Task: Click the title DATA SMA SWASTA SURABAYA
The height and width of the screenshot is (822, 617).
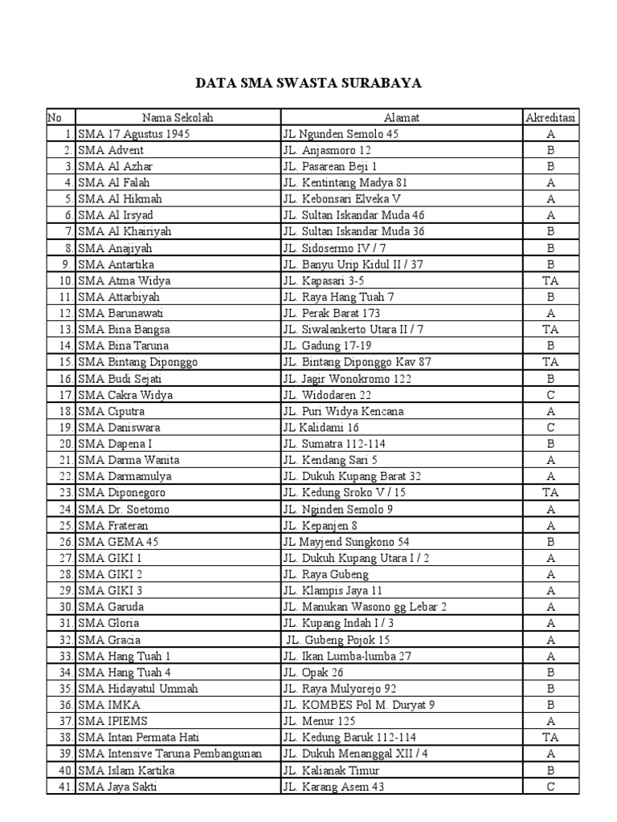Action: coord(309,83)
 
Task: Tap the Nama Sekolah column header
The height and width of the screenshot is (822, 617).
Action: coord(178,118)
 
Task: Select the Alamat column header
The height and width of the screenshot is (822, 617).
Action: coord(402,118)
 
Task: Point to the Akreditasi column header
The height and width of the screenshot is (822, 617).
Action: coord(551,118)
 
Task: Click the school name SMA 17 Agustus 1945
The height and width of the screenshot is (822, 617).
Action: coord(134,134)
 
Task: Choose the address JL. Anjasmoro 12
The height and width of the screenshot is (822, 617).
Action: coord(326,150)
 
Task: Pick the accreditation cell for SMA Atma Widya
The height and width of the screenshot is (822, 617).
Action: coord(551,281)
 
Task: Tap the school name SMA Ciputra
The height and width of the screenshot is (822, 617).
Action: coord(112,411)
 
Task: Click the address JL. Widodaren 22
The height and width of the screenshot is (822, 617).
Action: coord(326,395)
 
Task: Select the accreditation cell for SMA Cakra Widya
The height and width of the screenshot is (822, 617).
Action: coord(551,395)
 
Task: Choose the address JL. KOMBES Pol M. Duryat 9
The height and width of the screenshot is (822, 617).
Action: coord(358,705)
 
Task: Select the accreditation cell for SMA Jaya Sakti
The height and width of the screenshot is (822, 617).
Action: coord(551,787)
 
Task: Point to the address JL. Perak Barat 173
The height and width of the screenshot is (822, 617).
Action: coord(331,313)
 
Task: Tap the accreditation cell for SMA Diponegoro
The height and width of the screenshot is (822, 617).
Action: coord(551,493)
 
